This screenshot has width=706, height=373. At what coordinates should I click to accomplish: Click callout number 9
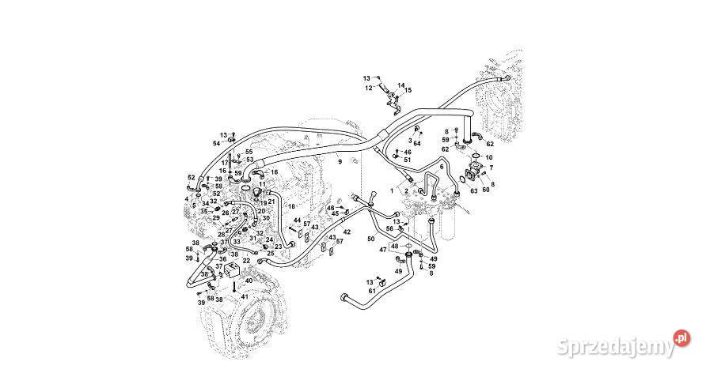click(340, 162)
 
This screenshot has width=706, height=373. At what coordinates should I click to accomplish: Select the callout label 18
click(290, 206)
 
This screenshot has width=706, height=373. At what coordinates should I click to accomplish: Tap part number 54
click(216, 143)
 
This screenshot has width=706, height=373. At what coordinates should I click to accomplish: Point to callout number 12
click(368, 89)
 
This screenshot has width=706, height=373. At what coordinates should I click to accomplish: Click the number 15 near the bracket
click(408, 91)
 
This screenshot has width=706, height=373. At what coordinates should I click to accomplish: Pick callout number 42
click(347, 232)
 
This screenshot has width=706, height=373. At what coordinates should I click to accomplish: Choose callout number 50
click(370, 238)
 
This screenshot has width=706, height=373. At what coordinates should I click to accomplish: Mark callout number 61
click(371, 292)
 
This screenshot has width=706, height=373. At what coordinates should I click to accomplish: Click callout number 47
click(382, 250)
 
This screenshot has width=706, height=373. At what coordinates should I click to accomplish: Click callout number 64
click(417, 143)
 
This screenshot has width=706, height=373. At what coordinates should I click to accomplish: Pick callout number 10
click(488, 158)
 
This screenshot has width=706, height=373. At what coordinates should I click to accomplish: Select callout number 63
click(475, 190)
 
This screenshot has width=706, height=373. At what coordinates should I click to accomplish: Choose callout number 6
click(442, 167)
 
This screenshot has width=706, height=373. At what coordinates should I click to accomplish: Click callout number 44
click(297, 220)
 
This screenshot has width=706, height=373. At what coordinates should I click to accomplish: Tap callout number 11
click(262, 184)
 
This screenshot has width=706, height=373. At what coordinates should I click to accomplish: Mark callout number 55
click(249, 152)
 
